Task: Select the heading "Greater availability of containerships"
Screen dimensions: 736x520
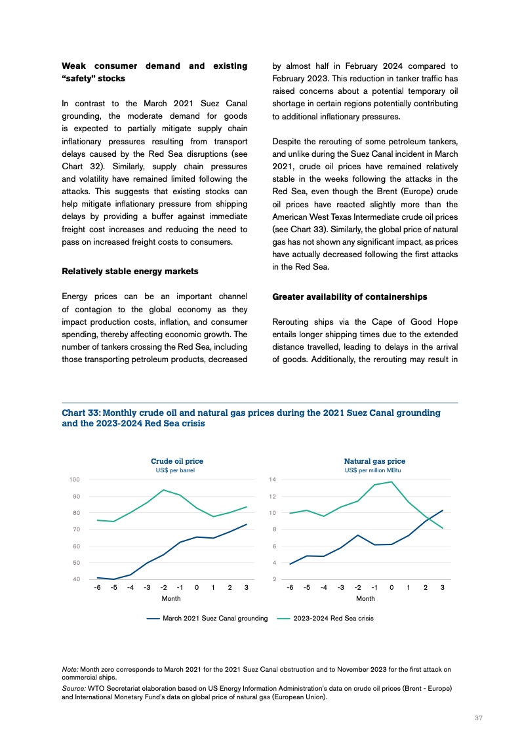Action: [x=350, y=296]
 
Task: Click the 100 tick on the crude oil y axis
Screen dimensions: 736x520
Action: [x=75, y=480]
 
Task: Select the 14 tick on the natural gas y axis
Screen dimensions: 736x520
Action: [x=273, y=480]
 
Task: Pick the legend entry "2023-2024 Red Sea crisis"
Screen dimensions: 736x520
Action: [x=333, y=618]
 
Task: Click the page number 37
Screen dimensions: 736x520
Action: [x=479, y=718]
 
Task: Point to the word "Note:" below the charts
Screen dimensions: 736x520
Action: [x=70, y=669]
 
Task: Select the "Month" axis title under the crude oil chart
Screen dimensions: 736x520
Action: [x=171, y=599]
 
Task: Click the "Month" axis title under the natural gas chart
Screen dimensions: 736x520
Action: [x=365, y=599]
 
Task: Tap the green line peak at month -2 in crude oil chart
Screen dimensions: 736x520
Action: [x=163, y=490]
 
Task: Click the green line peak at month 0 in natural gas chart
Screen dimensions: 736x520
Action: [x=391, y=482]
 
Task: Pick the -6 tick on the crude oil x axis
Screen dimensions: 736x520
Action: [x=97, y=588]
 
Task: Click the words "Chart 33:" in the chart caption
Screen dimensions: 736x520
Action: [x=81, y=413]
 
